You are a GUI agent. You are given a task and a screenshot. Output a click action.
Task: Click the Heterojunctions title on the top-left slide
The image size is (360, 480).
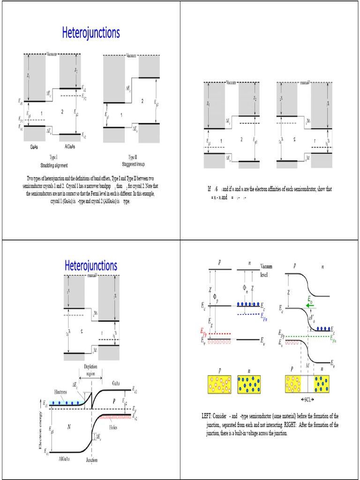91,33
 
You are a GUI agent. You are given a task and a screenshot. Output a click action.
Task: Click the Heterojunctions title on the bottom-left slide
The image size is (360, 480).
91,266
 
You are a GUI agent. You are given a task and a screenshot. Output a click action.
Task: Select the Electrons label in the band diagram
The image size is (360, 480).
56,392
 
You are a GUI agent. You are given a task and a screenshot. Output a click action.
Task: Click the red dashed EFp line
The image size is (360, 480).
222,334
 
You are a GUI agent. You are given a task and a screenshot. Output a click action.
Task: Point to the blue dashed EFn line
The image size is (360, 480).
248,314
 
